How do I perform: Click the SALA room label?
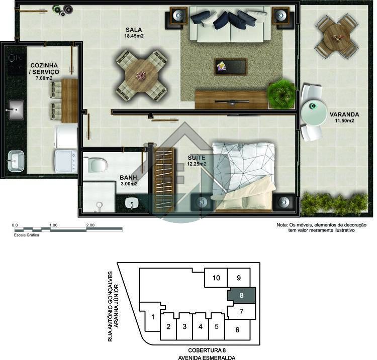[x=134, y=30]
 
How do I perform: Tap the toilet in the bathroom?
[x=95, y=165]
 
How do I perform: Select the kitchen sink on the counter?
[x=17, y=110]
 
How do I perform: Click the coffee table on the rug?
[x=231, y=67]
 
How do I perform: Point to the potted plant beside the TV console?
[x=281, y=94]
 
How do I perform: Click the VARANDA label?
[x=344, y=114]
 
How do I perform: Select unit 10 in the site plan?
[x=216, y=278]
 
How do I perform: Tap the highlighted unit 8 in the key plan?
[x=241, y=295]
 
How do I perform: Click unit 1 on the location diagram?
[x=153, y=317]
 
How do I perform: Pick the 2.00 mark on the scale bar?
[x=90, y=225]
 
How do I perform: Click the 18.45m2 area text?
[x=134, y=36]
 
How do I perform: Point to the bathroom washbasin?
[x=132, y=203]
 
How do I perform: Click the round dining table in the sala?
[x=141, y=75]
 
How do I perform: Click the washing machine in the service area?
[x=65, y=161]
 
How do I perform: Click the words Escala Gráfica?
[x=26, y=235]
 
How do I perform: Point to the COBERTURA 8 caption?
[x=207, y=350]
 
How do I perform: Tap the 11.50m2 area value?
[x=344, y=121]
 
